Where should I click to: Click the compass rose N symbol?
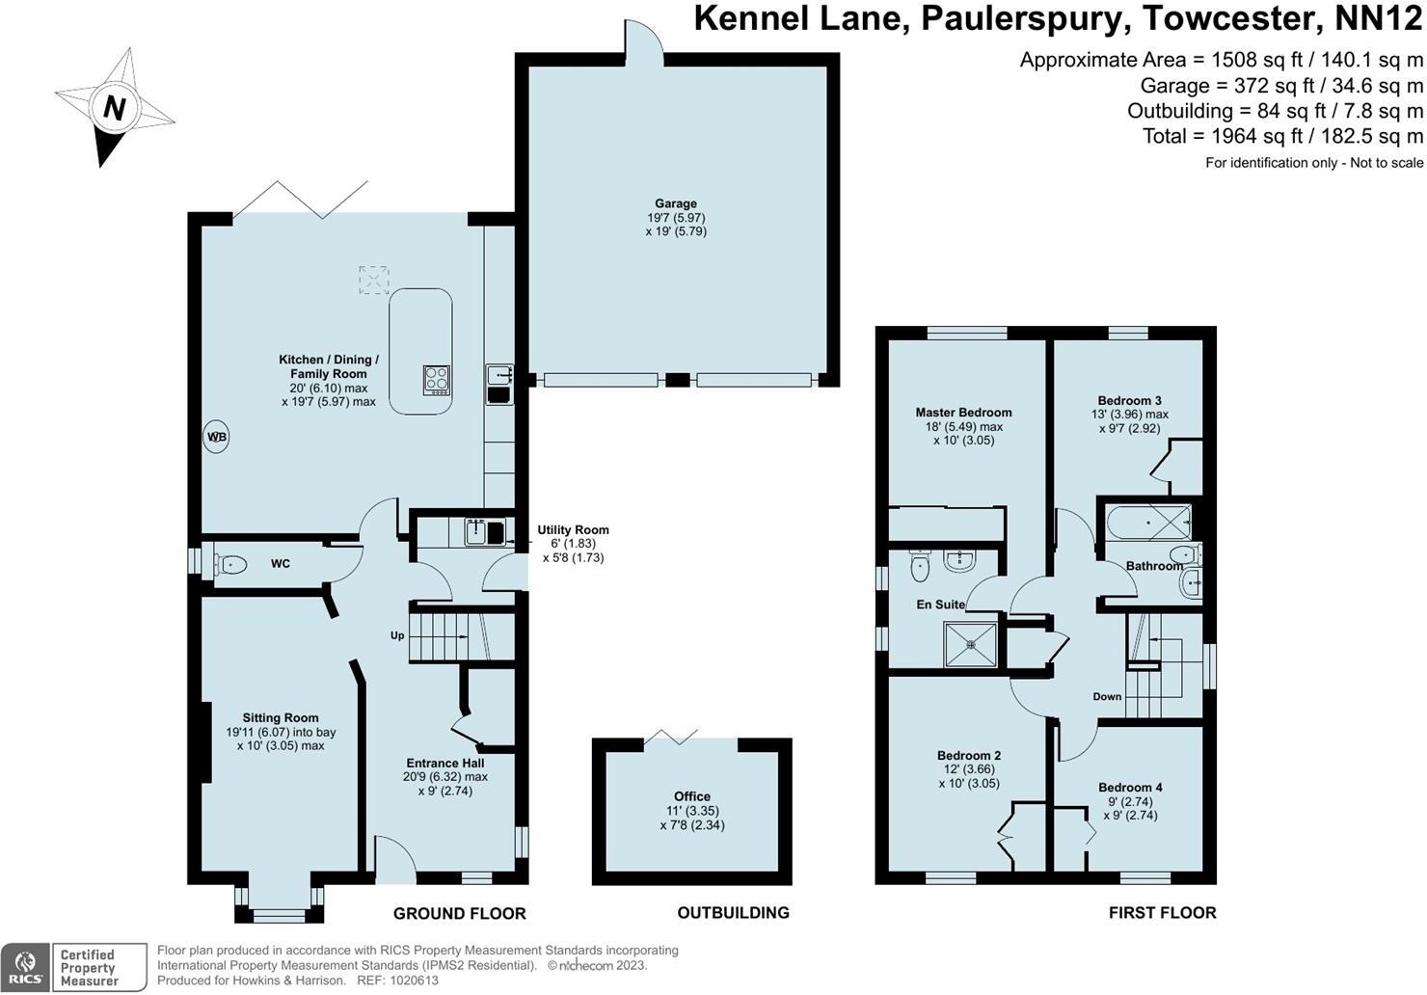(x=114, y=107)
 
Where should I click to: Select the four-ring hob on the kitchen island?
(x=437, y=379)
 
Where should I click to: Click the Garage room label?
(x=676, y=203)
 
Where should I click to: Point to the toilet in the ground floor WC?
(x=229, y=564)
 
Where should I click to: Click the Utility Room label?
(x=573, y=530)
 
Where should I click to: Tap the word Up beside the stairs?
(x=396, y=635)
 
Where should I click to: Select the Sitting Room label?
(x=280, y=717)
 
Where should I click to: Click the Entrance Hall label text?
(x=444, y=762)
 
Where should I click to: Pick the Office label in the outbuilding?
(x=691, y=796)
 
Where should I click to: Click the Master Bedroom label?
(x=963, y=413)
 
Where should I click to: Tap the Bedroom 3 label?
(x=1129, y=401)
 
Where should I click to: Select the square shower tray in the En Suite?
(x=970, y=643)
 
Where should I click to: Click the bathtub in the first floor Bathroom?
(x=1147, y=523)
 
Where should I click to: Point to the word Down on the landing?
(x=1107, y=696)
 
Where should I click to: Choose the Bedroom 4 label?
(x=1130, y=788)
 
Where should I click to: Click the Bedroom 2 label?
(x=968, y=756)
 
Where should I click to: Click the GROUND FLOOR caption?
(x=459, y=913)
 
